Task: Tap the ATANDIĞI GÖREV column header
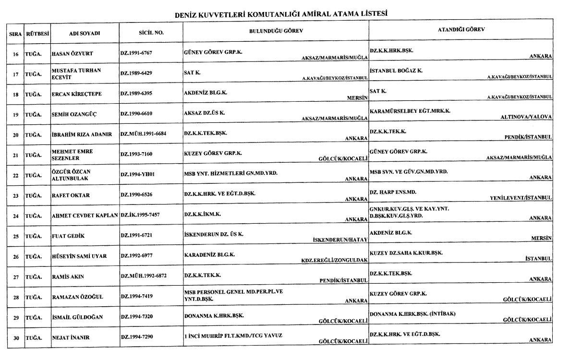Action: coord(461,30)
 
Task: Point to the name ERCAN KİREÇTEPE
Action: coord(76,94)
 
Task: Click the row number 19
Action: coord(15,114)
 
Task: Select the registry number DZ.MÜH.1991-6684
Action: coord(143,134)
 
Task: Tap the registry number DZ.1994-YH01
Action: coord(137,175)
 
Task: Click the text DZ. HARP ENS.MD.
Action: coord(393,192)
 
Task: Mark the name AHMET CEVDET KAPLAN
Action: coord(85,216)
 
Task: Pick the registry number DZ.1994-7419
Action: coord(136,296)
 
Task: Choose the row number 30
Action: coord(15,337)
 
